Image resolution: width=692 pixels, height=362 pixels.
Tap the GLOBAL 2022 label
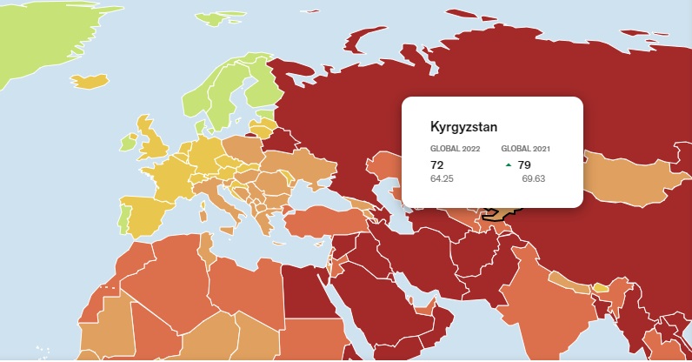[455, 149]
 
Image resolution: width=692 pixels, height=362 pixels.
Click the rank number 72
[437, 164]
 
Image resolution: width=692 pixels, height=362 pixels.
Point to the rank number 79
[524, 164]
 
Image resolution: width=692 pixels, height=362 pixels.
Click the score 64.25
[442, 178]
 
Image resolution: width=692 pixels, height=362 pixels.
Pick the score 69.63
[534, 178]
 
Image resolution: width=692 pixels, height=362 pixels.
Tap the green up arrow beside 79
[508, 164]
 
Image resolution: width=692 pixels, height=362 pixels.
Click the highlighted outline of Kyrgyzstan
[502, 212]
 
